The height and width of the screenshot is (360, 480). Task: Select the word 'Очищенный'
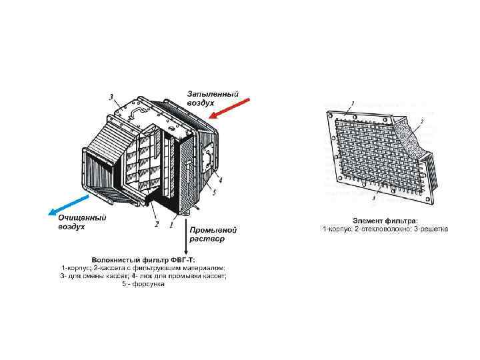click(82, 217)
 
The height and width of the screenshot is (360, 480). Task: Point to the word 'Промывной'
click(213, 229)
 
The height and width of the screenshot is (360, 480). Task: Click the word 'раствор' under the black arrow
click(207, 238)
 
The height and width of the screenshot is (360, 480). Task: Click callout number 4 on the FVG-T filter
click(221, 180)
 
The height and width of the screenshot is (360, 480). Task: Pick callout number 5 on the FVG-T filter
click(215, 193)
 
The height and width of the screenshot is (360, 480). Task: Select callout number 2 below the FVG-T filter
click(157, 224)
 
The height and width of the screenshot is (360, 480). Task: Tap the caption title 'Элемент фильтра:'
click(385, 220)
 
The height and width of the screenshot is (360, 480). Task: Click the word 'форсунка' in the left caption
click(150, 285)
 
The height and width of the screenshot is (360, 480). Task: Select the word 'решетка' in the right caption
click(433, 229)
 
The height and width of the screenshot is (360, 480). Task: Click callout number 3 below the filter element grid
click(375, 199)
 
